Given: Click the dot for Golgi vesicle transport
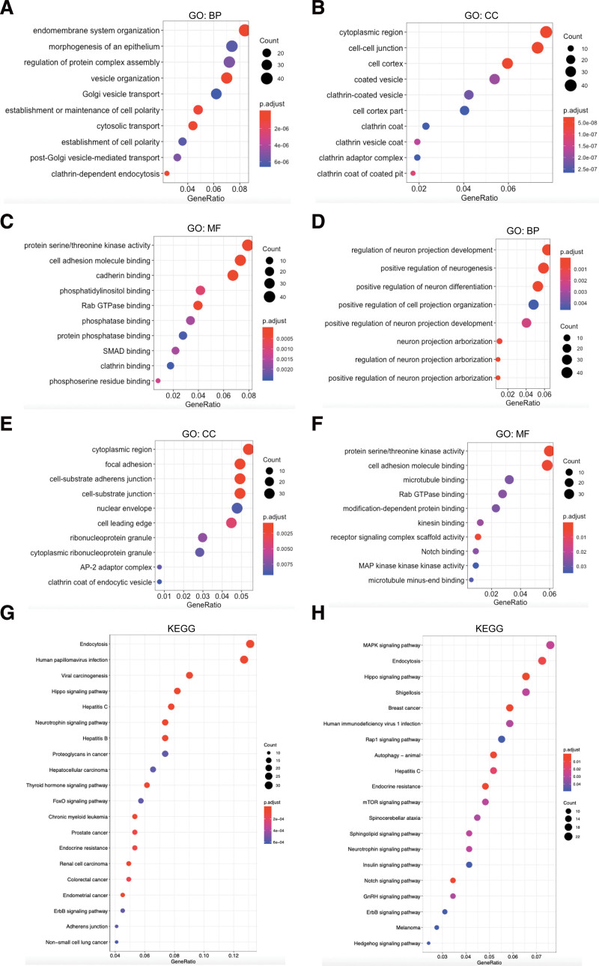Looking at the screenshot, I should (x=216, y=94).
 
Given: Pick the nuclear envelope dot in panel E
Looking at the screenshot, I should (x=237, y=508).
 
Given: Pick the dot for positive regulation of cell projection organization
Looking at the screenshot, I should (x=533, y=304).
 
